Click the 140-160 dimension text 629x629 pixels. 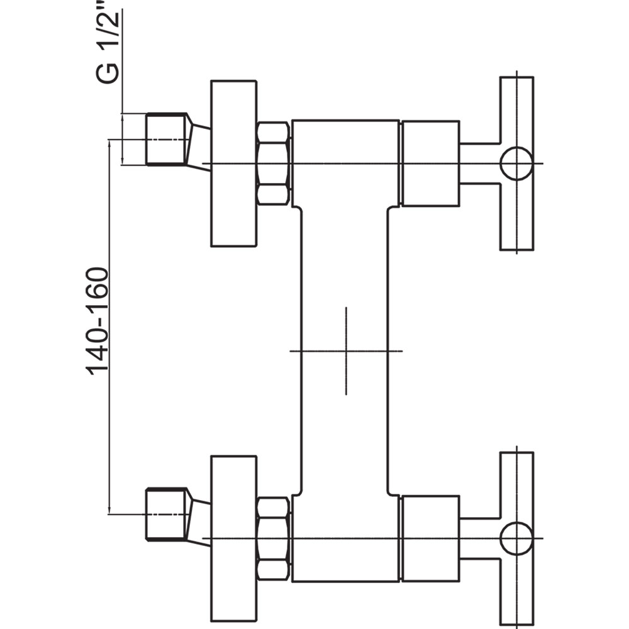coord(97,321)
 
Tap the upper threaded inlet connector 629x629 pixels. coord(165,139)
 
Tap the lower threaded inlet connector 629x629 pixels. coord(165,515)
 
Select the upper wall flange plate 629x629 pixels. coord(233,164)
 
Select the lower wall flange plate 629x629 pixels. coord(233,538)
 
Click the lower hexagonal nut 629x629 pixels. coord(273,539)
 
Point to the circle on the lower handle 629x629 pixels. coord(516,523)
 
